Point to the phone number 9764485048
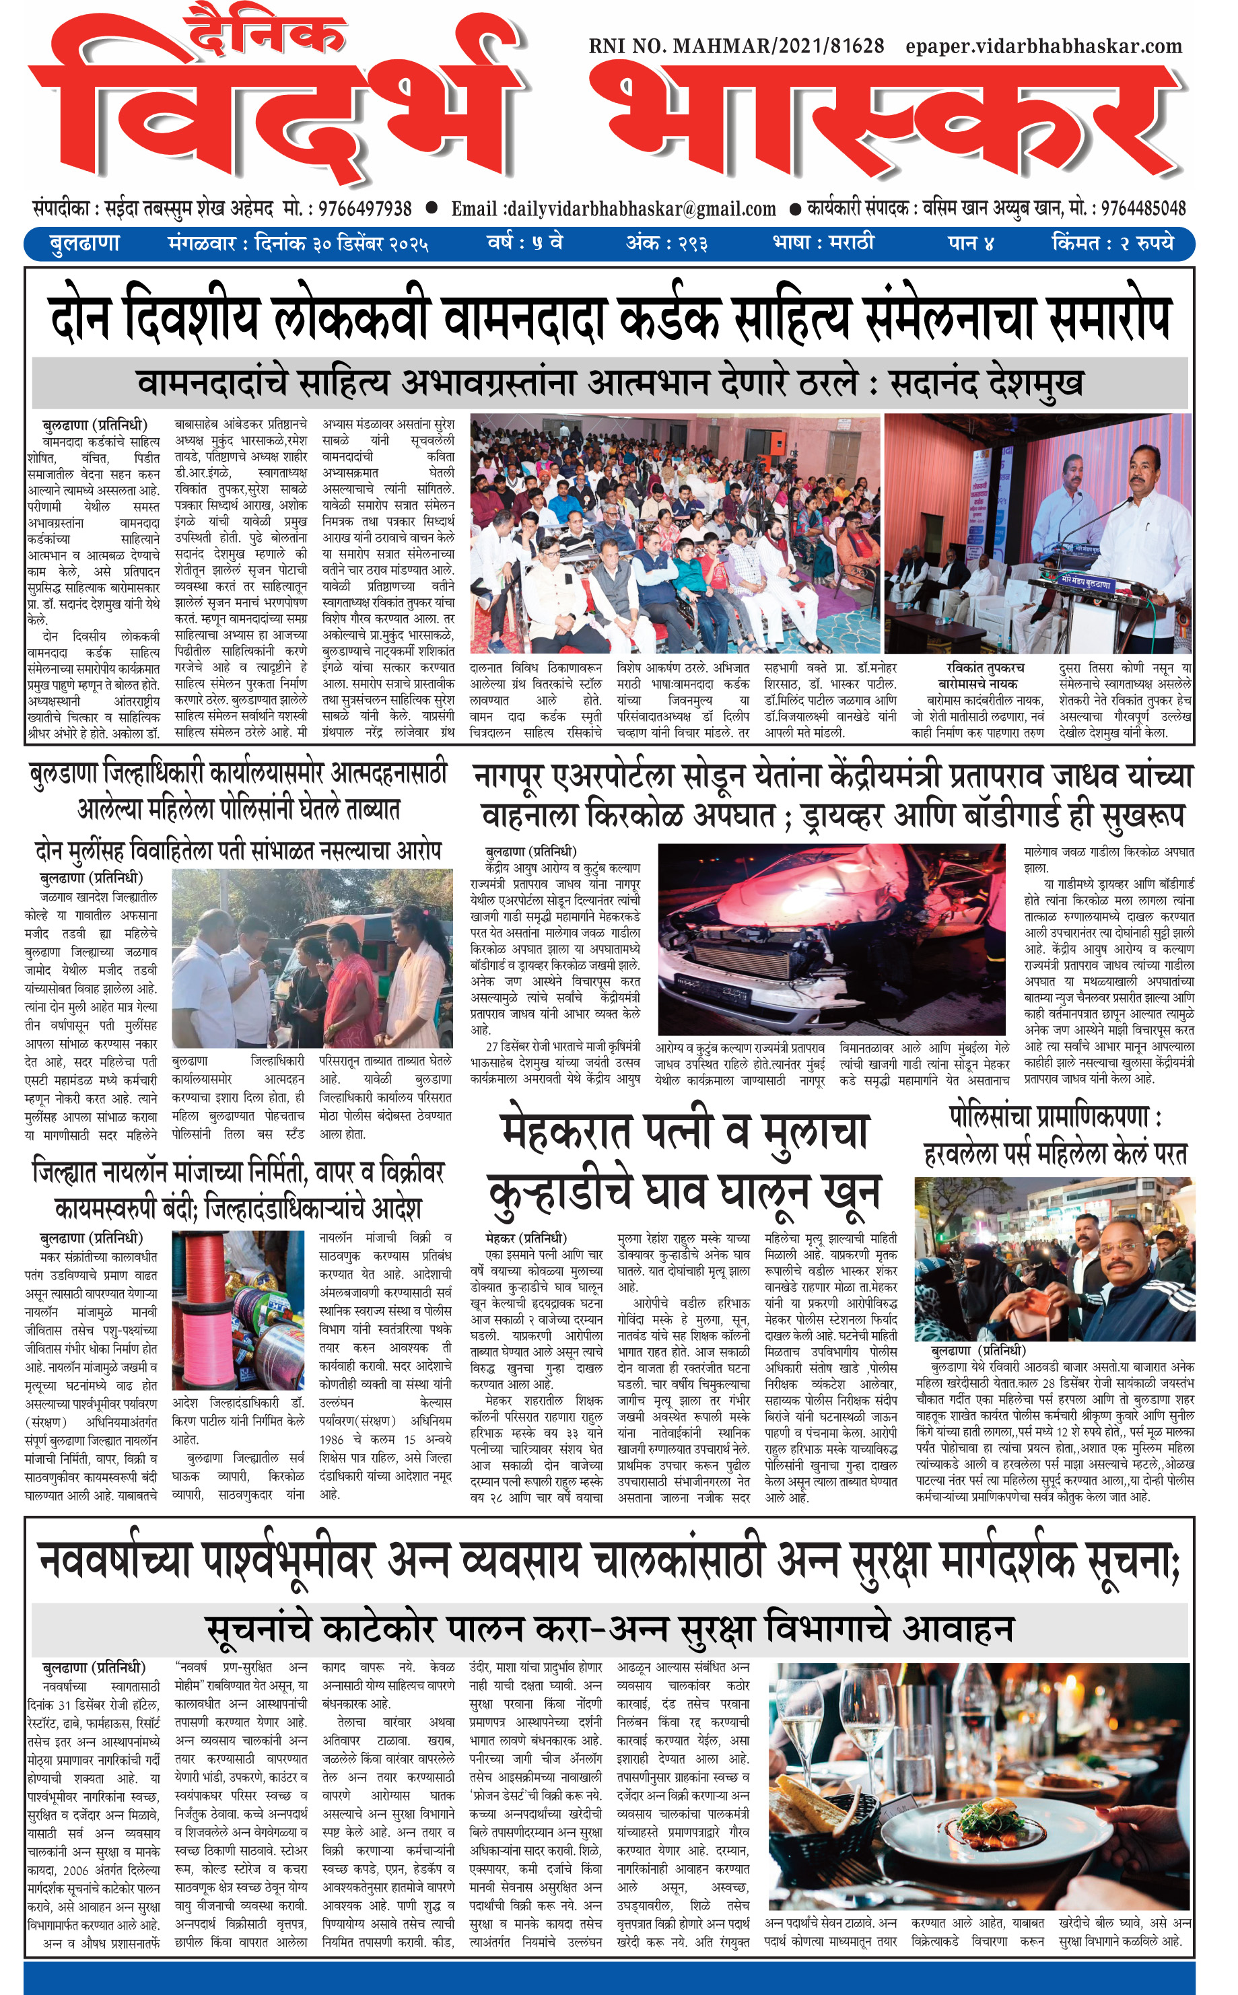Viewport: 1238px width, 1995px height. (x=1143, y=208)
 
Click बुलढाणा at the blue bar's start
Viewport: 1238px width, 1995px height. (x=84, y=243)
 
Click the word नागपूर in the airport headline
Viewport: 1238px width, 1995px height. (x=523, y=775)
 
